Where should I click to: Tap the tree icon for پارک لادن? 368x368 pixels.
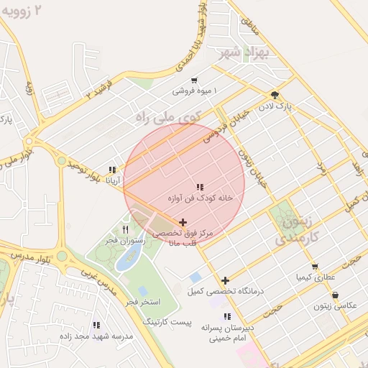pyautogui.click(x=275, y=95)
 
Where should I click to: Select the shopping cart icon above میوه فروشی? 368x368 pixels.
pyautogui.click(x=195, y=80)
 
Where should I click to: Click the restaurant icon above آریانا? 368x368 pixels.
pyautogui.click(x=112, y=170)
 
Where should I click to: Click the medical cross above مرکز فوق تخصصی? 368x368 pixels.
pyautogui.click(x=183, y=223)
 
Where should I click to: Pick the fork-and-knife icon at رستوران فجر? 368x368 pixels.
pyautogui.click(x=126, y=230)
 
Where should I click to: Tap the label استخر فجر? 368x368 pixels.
pyautogui.click(x=142, y=302)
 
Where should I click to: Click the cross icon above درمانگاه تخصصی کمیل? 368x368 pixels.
pyautogui.click(x=226, y=280)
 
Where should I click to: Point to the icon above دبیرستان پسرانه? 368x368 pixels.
pyautogui.click(x=227, y=316)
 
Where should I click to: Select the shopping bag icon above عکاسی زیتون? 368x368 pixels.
pyautogui.click(x=335, y=295)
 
